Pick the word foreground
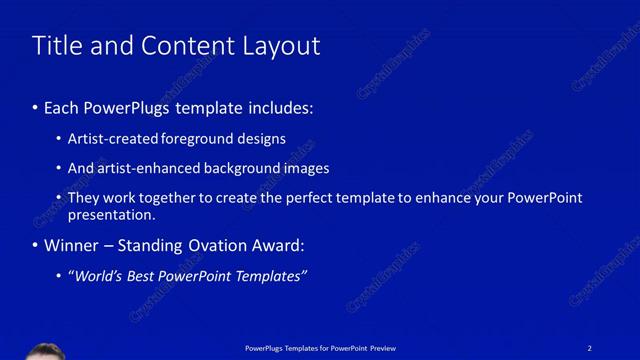coord(196,139)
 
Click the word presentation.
coord(111,215)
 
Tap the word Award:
coord(275,245)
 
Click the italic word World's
coord(95,276)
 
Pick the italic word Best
coord(141,276)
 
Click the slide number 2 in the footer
coord(590,347)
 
